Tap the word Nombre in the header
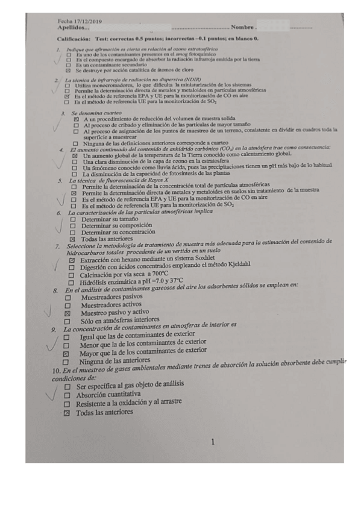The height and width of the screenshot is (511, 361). [x=243, y=28]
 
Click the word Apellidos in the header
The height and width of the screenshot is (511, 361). [x=72, y=28]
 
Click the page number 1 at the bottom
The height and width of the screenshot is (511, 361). [x=213, y=442]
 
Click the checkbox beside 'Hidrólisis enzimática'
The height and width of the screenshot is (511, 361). [x=72, y=282]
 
